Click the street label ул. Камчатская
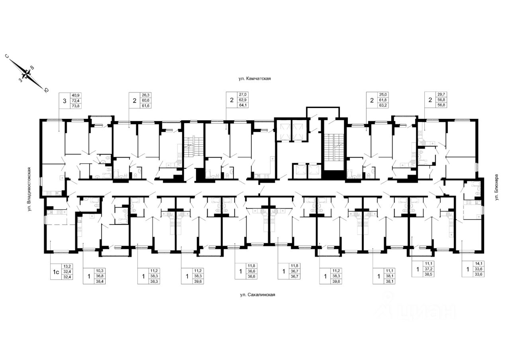click(x=255, y=79)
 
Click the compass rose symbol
click(x=26, y=74)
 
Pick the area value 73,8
click(x=75, y=106)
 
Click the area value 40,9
click(x=75, y=95)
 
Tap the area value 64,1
click(x=243, y=106)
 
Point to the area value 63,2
click(x=383, y=106)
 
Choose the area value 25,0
click(x=383, y=95)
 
